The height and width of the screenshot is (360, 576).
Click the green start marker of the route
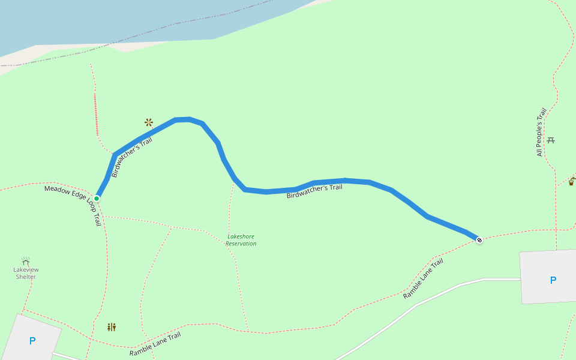[97, 198]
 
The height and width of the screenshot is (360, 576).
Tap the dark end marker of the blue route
[479, 240]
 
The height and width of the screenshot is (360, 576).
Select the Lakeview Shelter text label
[25, 274]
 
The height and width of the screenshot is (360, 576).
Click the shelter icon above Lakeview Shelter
[26, 261]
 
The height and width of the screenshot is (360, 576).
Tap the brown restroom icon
[112, 327]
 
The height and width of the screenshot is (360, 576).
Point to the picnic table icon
[551, 140]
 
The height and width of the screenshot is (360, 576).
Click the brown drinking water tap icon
[571, 181]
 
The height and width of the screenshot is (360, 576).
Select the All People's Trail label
[541, 132]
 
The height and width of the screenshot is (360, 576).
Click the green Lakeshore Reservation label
[241, 240]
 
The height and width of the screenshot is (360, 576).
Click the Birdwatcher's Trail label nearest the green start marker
[132, 157]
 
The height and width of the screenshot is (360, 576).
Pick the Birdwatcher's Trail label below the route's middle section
[314, 191]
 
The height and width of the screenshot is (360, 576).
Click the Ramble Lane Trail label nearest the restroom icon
[155, 344]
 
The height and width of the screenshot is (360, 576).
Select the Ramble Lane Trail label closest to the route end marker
[423, 279]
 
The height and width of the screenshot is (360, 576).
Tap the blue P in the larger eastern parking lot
[553, 280]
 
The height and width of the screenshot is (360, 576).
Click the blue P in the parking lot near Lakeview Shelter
[32, 341]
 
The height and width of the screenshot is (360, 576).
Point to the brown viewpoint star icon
[149, 122]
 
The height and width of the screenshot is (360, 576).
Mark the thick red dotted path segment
[96, 114]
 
